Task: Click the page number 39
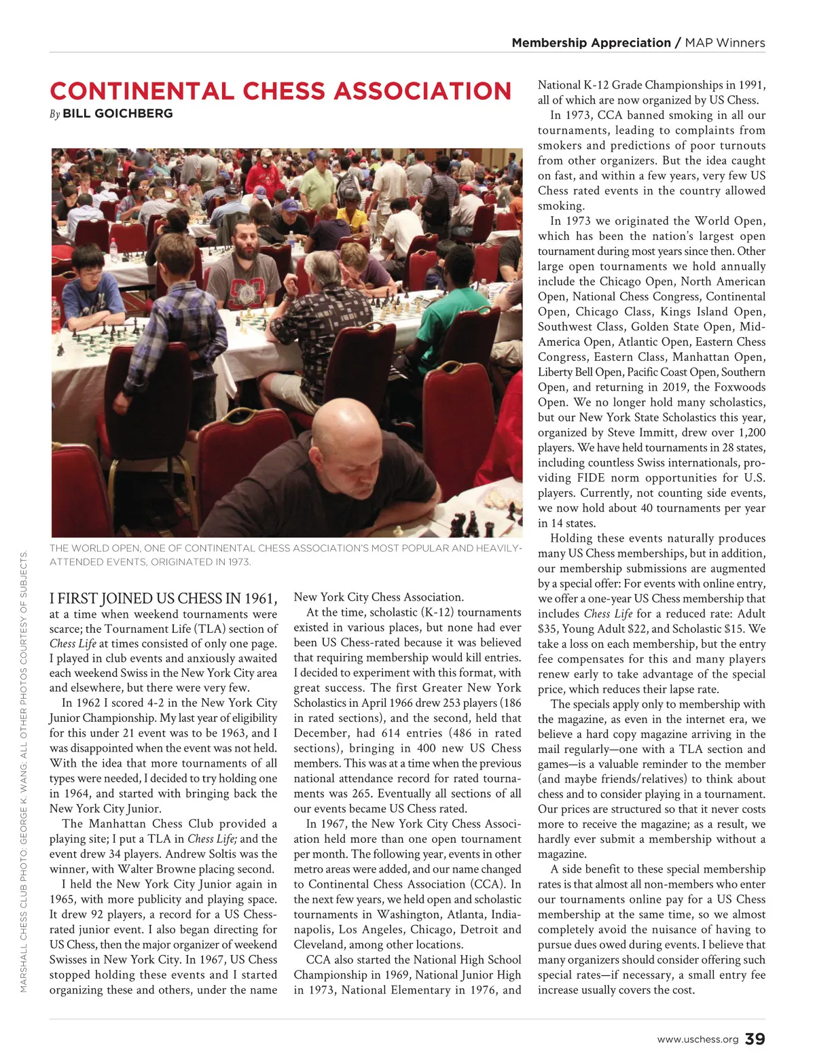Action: point(755,1039)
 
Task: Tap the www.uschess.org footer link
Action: point(698,1040)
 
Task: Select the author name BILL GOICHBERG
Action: point(117,114)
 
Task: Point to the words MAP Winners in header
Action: point(725,43)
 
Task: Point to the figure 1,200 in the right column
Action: point(750,432)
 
